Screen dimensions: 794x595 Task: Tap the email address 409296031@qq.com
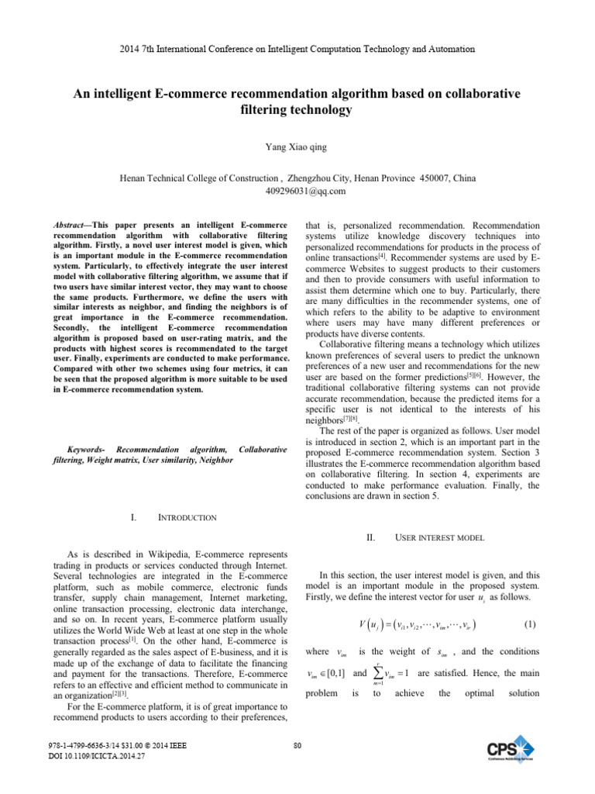(x=297, y=191)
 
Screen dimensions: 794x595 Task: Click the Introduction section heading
(x=187, y=517)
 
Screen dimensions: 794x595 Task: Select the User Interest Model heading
(x=439, y=537)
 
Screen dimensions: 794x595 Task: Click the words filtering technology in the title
(x=297, y=110)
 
